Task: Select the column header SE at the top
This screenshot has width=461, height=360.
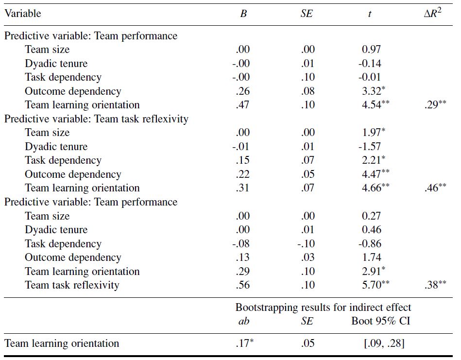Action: tap(307, 14)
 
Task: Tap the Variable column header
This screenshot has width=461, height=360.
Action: tap(23, 14)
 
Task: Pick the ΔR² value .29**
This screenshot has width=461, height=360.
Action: tap(435, 104)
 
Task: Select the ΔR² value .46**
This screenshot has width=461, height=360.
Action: tap(435, 188)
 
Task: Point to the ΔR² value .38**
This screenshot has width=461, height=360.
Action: tap(435, 285)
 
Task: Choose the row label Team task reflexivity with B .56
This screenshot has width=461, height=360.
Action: tap(72, 285)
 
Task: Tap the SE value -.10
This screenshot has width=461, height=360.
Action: tap(306, 244)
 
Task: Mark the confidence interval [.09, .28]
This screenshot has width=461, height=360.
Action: tap(384, 343)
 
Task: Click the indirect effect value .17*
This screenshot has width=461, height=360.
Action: tap(243, 343)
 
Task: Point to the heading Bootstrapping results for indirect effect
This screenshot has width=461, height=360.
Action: tap(323, 308)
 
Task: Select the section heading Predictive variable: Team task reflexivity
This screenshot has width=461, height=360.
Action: tap(96, 119)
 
